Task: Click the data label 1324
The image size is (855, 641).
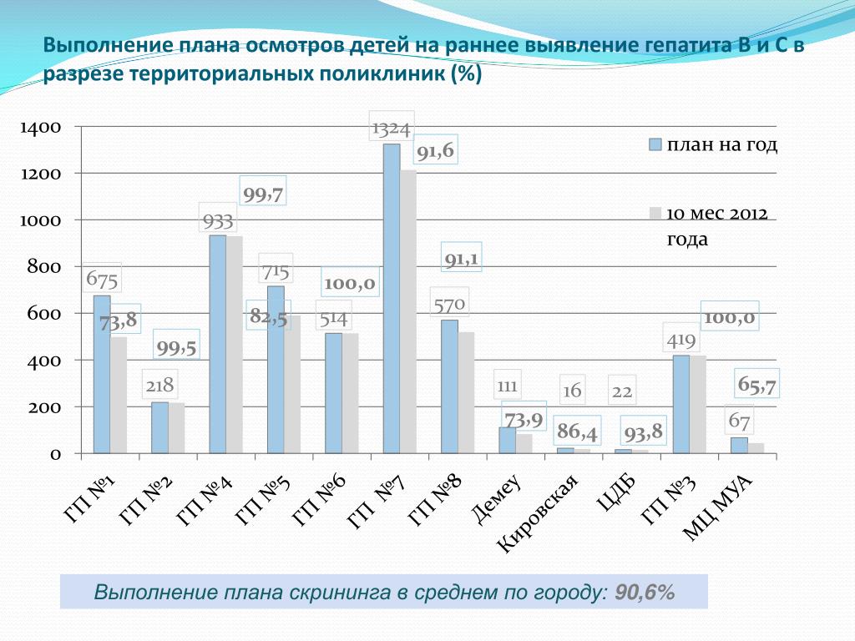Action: point(391,129)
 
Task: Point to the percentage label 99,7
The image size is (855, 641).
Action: point(263,195)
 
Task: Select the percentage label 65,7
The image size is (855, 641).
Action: point(757,385)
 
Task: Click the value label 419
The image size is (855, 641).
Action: point(681,341)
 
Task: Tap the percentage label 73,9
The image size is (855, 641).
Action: point(524,418)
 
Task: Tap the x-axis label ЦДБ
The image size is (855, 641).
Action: point(617,491)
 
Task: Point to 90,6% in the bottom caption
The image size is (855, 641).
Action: point(645,593)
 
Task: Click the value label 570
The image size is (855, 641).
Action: point(448,305)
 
